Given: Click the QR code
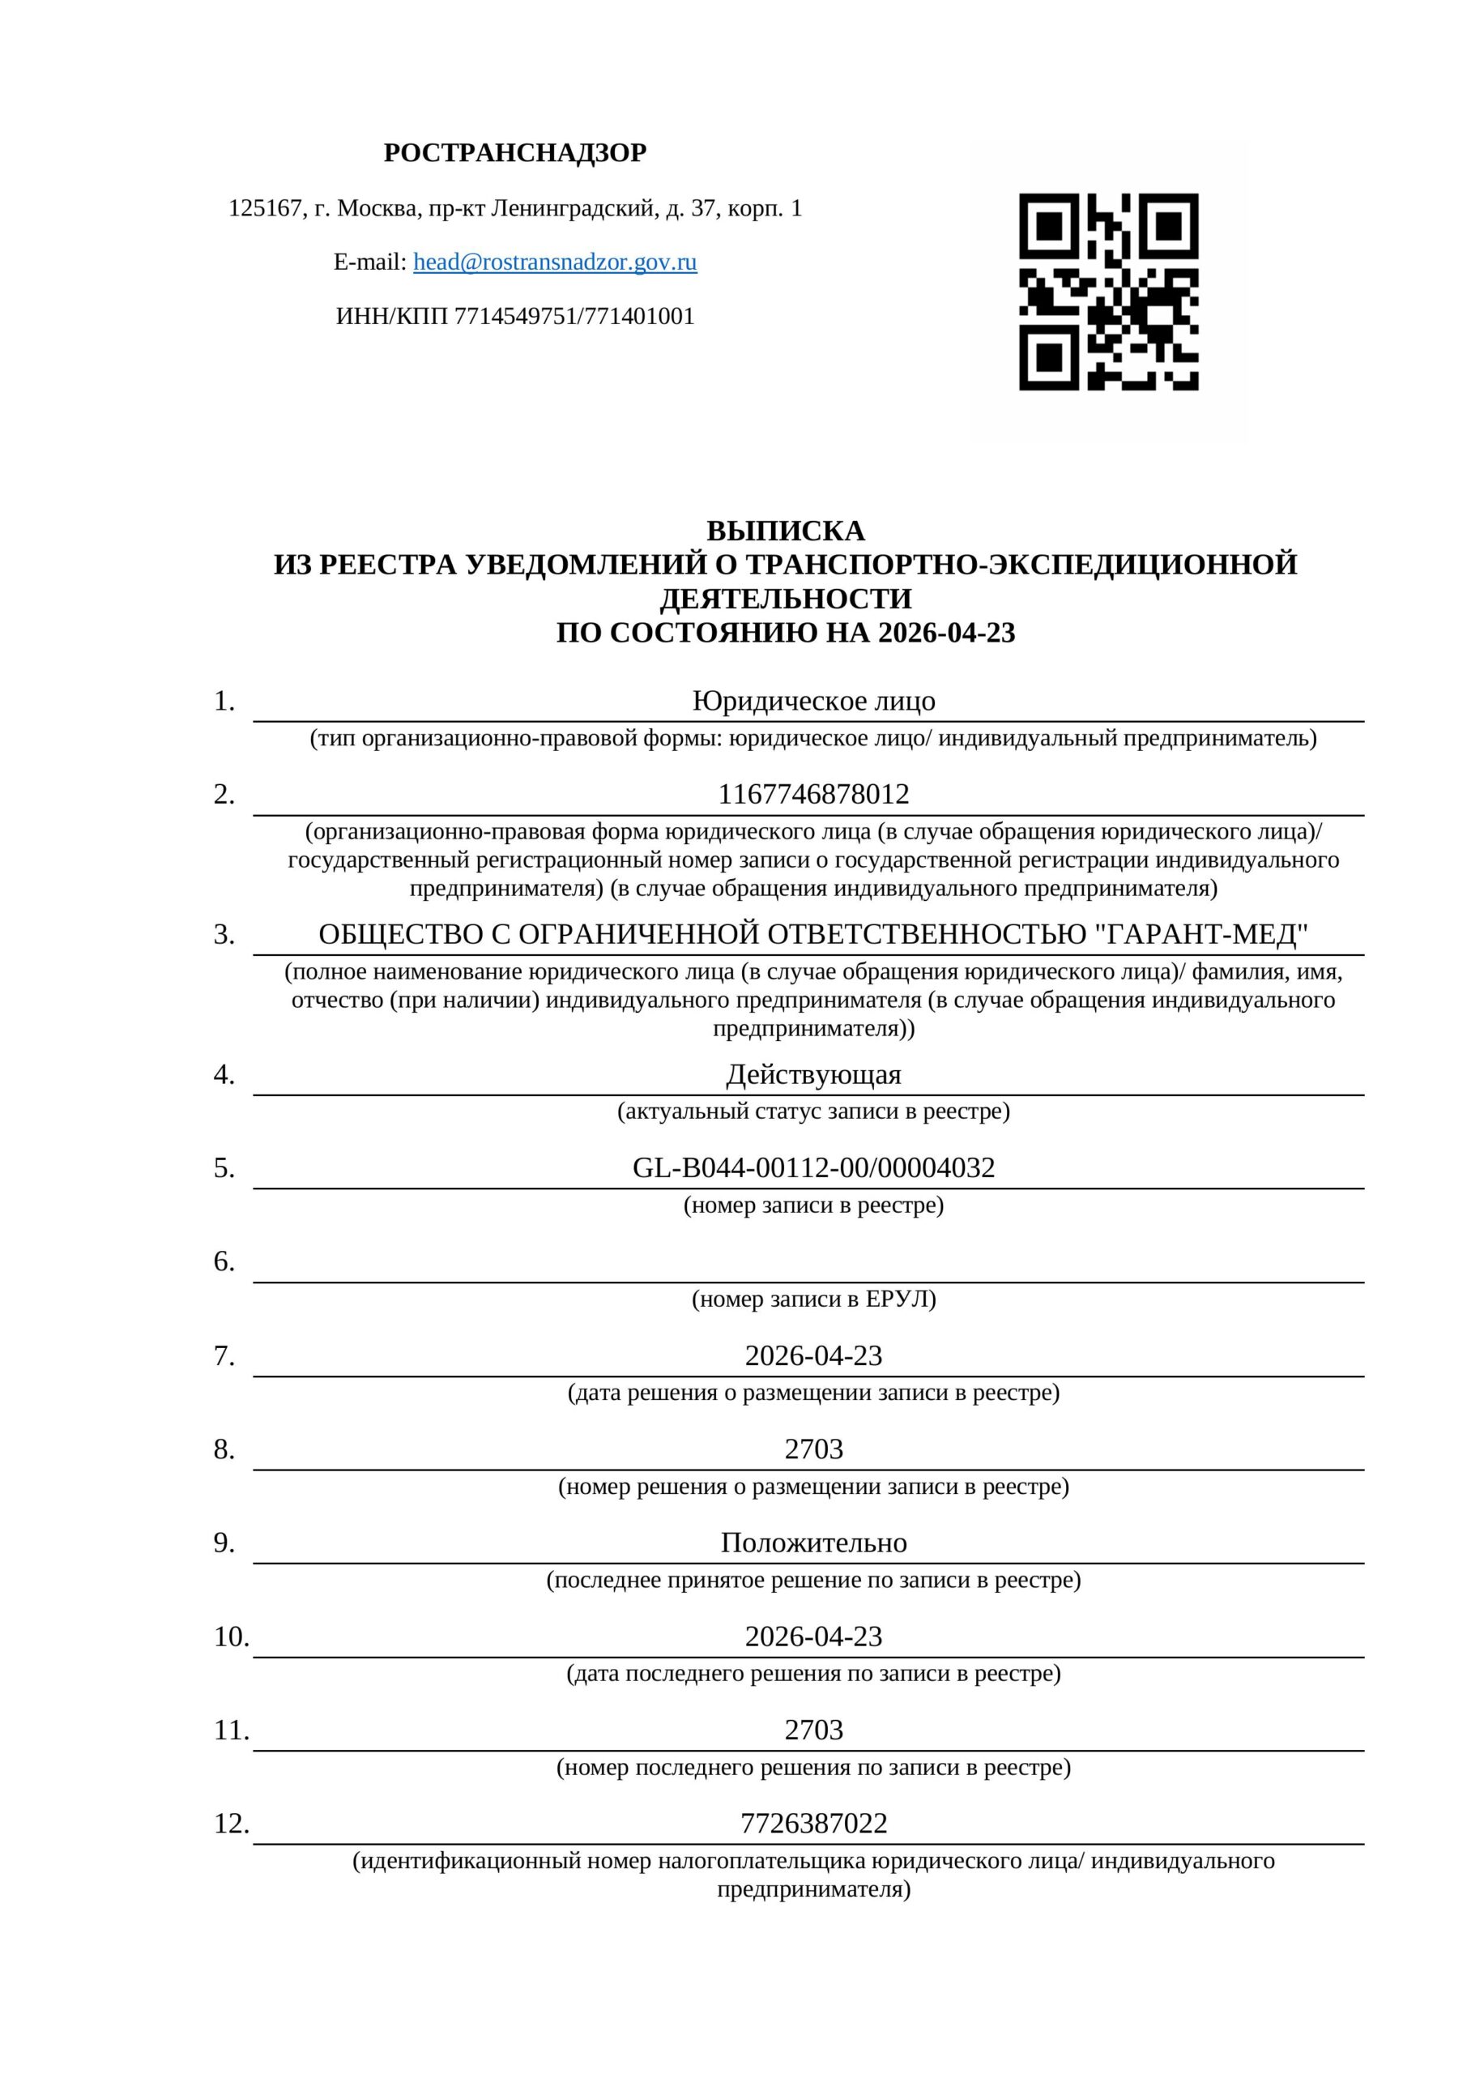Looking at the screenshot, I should pyautogui.click(x=1108, y=291).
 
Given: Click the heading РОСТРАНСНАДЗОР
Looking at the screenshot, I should pyautogui.click(x=515, y=152).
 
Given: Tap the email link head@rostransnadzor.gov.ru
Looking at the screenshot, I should pyautogui.click(x=555, y=262).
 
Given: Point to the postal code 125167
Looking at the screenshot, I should pyautogui.click(x=265, y=209).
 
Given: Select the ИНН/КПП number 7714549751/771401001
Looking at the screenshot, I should pyautogui.click(x=574, y=316).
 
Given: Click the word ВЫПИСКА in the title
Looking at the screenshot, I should pyautogui.click(x=785, y=530).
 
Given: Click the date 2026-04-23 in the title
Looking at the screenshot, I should pyautogui.click(x=947, y=632).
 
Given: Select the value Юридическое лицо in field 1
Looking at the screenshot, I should pyautogui.click(x=813, y=701).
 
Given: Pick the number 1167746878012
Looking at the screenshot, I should pyautogui.click(x=813, y=794).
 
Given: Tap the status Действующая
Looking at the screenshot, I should pyautogui.click(x=813, y=1074).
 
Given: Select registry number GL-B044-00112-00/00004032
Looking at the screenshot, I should pyautogui.click(x=813, y=1167).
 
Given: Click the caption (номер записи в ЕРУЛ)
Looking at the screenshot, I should pyautogui.click(x=813, y=1299).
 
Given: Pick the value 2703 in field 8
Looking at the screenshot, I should pyautogui.click(x=813, y=1449).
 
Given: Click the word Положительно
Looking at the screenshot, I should pyautogui.click(x=813, y=1542).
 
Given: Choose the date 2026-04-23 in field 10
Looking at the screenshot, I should pyautogui.click(x=813, y=1636).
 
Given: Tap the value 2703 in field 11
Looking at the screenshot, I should pyautogui.click(x=813, y=1729).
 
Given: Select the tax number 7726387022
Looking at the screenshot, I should pyautogui.click(x=813, y=1823).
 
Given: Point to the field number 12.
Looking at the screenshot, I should pyautogui.click(x=231, y=1823).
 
